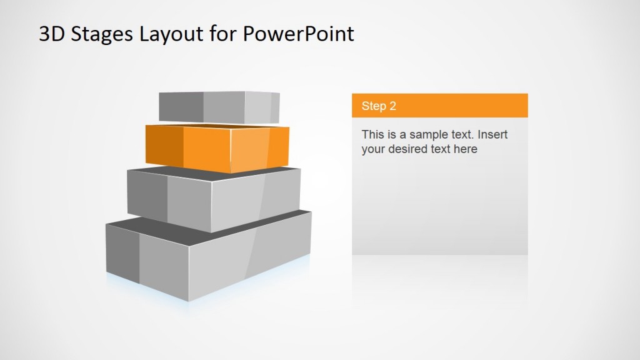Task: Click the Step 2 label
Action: [x=379, y=106]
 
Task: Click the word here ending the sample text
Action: [x=466, y=149]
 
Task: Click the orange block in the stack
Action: [x=219, y=149]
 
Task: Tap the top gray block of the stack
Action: [x=219, y=107]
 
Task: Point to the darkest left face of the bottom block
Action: [x=122, y=250]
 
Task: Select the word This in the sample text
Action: [x=373, y=134]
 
